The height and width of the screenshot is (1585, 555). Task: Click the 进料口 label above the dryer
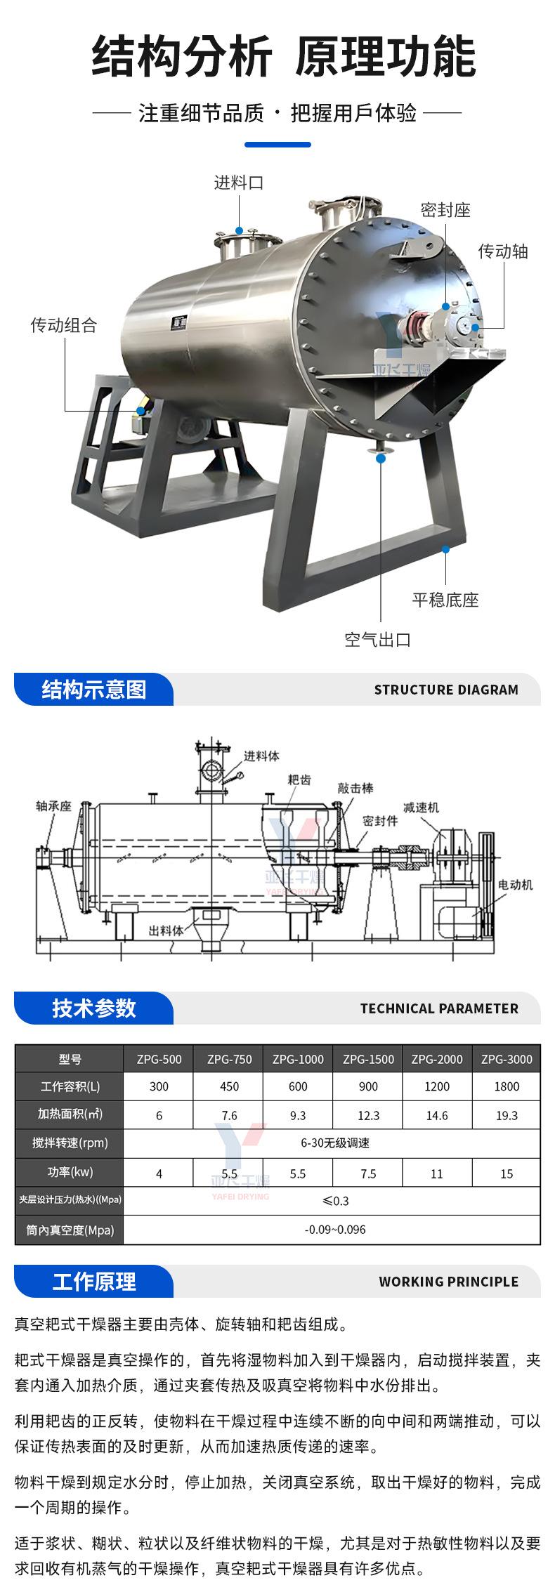click(239, 183)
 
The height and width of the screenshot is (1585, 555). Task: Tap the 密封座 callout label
click(445, 209)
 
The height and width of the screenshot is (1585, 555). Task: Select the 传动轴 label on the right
click(503, 251)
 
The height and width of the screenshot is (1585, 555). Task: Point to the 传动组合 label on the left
click(63, 325)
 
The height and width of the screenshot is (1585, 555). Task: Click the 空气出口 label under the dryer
click(377, 639)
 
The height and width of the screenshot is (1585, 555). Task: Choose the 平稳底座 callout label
click(445, 600)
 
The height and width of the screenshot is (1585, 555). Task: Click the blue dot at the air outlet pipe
click(381, 459)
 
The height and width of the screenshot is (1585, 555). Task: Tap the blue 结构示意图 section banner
click(93, 689)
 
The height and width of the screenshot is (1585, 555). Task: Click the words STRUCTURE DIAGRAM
click(446, 690)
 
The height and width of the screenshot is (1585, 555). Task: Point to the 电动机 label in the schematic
click(516, 884)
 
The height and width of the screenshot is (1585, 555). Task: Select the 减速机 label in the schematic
click(421, 807)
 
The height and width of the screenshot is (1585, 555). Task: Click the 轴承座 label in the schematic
click(54, 806)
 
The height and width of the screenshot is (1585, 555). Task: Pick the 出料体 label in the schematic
click(166, 930)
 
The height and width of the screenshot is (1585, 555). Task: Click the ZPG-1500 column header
click(368, 1059)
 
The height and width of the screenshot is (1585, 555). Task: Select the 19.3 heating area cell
click(507, 1115)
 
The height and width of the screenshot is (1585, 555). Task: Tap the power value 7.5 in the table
click(368, 1173)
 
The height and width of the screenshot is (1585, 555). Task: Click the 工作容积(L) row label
click(70, 1086)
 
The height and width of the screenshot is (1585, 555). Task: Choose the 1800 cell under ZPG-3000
click(507, 1086)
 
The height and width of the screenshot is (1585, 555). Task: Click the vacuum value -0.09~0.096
click(335, 1230)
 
